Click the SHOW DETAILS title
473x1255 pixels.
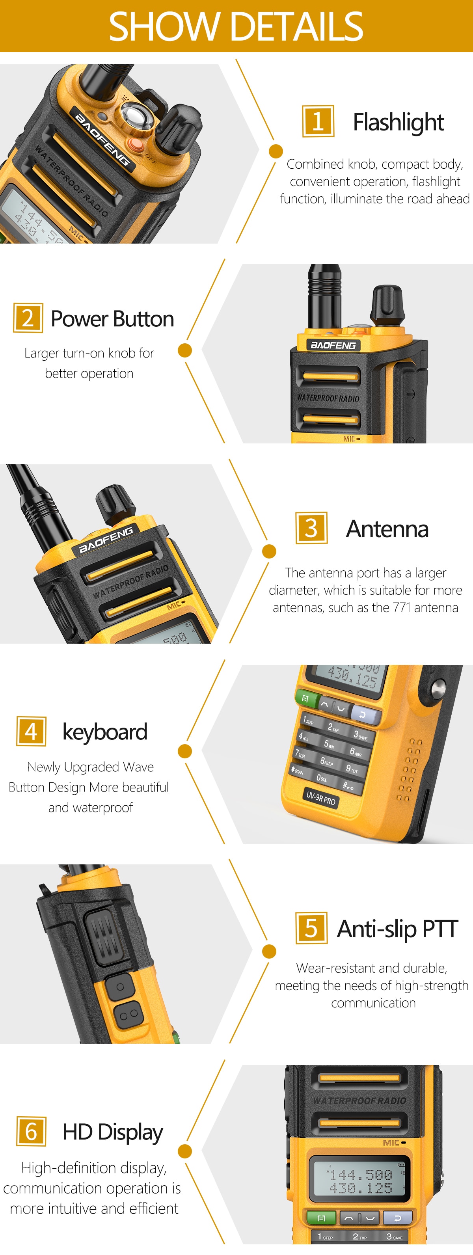coord(236,26)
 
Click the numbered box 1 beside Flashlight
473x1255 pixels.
coord(318,121)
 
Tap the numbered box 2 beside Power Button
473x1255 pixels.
coord(28,318)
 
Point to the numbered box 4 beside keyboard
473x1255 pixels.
coord(31,731)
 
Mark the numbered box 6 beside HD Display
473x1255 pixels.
coord(31,1131)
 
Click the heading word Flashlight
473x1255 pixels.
coord(399,122)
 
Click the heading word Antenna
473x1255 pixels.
coord(387,529)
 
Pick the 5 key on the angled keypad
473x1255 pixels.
coord(329,744)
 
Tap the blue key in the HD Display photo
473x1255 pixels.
coord(397,1218)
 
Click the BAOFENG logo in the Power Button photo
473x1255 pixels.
coord(333,345)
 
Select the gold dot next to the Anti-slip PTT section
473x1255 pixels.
coord(269,951)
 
